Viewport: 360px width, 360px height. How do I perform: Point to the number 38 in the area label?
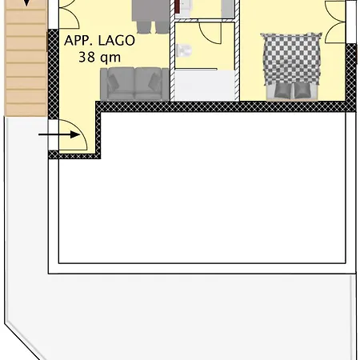pos(87,58)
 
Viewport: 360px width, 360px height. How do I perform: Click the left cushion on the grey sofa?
pos(122,81)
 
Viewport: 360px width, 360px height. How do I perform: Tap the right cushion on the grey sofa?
pos(148,81)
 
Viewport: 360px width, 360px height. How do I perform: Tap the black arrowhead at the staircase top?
pos(29,3)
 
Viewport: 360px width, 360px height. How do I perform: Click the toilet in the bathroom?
pos(184,53)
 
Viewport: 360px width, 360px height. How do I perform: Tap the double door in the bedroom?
pos(336,20)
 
